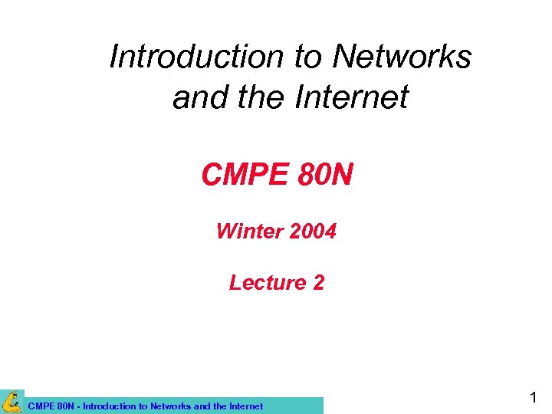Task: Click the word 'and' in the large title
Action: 196,97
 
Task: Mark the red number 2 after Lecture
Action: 318,283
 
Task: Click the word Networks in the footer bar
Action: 172,406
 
